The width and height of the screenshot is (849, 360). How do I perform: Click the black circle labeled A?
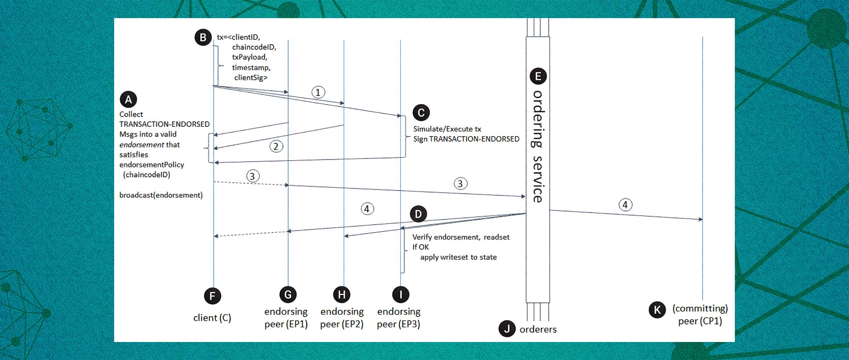(128, 99)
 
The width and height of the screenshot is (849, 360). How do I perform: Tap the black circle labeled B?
(203, 38)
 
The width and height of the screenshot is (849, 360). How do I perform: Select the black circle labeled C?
(421, 113)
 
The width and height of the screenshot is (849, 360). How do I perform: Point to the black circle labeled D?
(418, 214)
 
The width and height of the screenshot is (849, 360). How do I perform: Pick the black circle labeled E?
(538, 76)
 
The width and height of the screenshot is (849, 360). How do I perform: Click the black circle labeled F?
(213, 296)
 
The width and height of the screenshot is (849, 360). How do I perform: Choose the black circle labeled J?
(507, 329)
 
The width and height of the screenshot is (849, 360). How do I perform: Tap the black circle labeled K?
(657, 310)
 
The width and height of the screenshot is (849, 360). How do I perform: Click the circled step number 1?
(318, 92)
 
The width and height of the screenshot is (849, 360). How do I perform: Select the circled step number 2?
(276, 146)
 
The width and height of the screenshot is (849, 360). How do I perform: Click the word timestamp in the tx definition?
(251, 67)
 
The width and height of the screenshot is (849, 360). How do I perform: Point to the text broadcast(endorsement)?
(161, 195)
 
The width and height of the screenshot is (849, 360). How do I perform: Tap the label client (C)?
(212, 318)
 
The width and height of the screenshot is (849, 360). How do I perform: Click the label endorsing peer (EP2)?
(342, 317)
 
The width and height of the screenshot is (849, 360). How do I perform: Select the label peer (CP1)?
(700, 321)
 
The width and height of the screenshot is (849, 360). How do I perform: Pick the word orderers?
(538, 329)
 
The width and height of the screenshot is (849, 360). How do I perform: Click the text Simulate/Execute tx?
(447, 129)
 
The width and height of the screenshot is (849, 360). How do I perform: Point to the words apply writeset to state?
(458, 257)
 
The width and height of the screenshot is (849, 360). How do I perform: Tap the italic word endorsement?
(142, 145)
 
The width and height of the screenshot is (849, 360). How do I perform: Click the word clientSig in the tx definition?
(251, 77)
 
